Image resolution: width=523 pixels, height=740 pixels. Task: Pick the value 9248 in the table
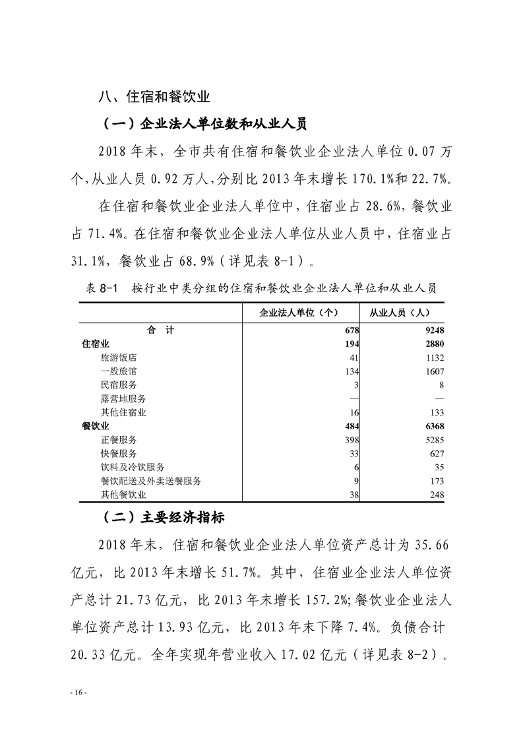pos(435,330)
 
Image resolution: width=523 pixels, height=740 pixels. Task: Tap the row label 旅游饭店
pos(119,357)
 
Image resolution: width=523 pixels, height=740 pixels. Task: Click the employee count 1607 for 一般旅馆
pos(435,371)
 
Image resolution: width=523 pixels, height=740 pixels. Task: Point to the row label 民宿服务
pos(119,385)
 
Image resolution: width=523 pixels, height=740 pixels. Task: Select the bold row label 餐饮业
pos(95,426)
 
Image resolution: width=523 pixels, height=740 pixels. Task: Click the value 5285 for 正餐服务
pos(435,439)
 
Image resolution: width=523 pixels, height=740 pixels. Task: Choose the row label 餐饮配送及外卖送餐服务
pos(151,481)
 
